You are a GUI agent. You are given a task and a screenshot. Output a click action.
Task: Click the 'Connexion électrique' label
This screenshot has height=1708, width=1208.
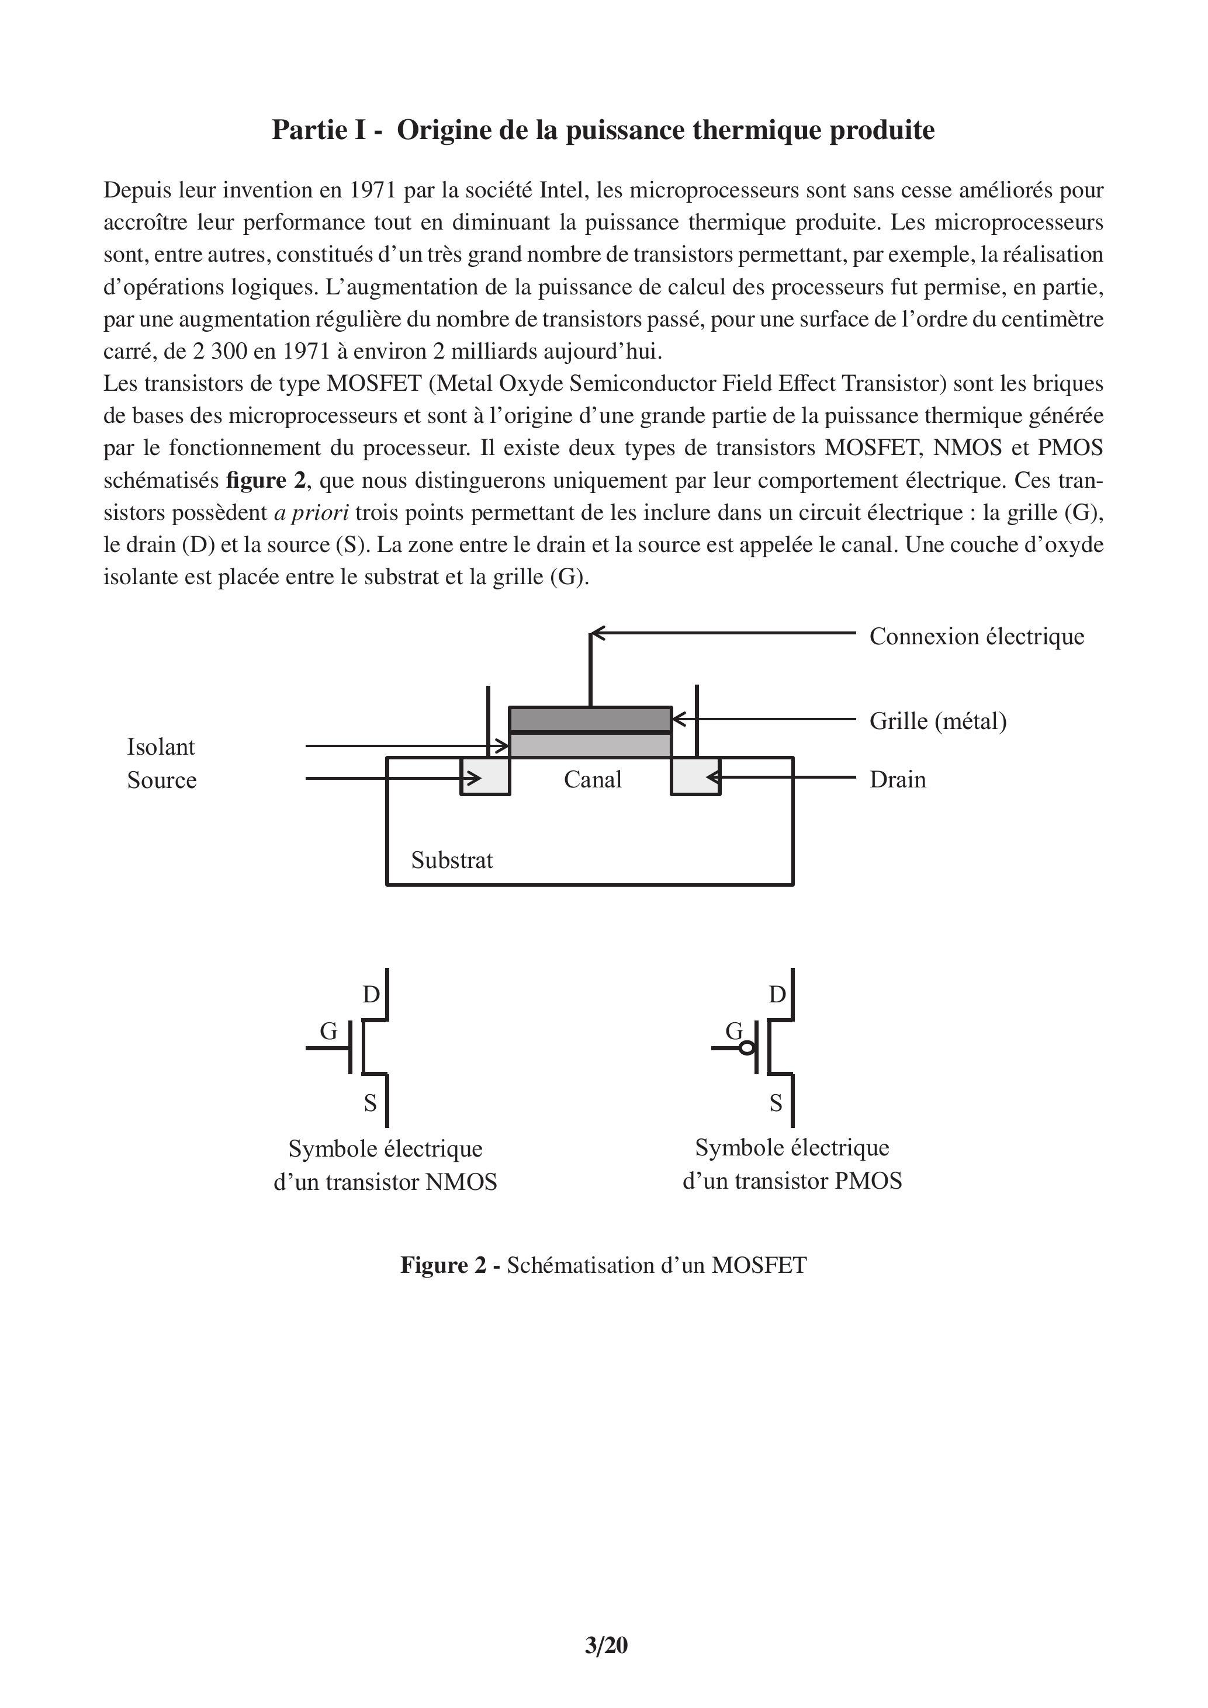pos(976,637)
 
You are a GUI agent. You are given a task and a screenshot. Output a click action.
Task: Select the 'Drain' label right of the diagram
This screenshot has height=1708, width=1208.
pos(898,780)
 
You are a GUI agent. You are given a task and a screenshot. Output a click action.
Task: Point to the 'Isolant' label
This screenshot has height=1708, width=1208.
pos(161,747)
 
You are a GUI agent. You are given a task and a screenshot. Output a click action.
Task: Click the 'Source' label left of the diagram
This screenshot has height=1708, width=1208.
pos(161,780)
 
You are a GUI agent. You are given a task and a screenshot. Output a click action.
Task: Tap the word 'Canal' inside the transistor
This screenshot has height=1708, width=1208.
pos(593,780)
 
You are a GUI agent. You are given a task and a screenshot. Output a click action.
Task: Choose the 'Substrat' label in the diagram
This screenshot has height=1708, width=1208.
pos(452,860)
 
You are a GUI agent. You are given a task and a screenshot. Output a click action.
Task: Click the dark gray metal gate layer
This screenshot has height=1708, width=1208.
pos(590,719)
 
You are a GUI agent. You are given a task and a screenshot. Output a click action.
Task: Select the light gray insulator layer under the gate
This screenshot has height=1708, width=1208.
pos(590,745)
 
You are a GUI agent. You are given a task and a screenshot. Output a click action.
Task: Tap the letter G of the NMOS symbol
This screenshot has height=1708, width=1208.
pos(328,1031)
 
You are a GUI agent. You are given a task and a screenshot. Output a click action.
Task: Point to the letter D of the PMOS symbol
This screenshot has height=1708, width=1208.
pos(777,995)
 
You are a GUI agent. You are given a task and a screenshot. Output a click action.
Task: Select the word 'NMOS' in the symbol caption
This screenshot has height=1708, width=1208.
pos(461,1182)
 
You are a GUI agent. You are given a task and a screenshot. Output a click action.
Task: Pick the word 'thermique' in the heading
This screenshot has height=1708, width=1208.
pos(756,130)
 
